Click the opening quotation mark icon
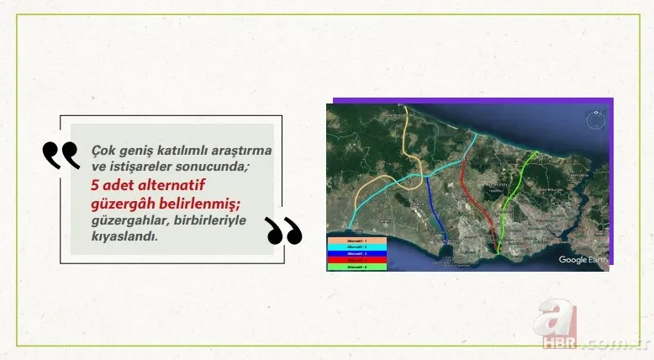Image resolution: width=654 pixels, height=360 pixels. (61, 155)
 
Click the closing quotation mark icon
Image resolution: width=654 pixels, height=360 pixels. (283, 230)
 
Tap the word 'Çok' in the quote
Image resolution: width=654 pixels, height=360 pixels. (102, 149)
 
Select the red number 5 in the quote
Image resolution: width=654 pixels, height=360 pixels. (96, 188)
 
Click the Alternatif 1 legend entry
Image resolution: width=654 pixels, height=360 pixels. (356, 241)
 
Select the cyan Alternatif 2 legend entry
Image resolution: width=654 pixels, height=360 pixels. (356, 247)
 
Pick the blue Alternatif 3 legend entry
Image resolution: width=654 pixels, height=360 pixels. (356, 253)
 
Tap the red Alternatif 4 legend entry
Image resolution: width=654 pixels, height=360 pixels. (356, 260)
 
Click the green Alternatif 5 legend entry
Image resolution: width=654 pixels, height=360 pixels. (356, 267)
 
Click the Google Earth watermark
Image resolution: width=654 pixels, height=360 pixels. (583, 260)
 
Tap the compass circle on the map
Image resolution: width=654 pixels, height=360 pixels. (594, 119)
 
